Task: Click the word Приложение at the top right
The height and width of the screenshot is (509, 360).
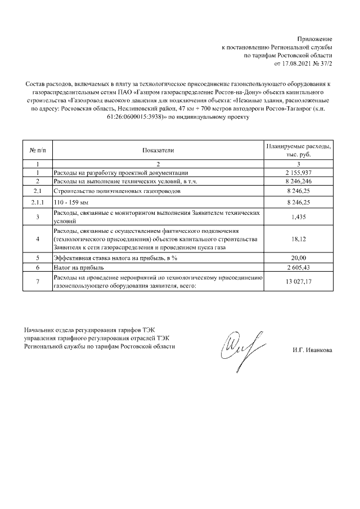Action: [316, 38]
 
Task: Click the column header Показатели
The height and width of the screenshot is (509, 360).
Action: [159, 150]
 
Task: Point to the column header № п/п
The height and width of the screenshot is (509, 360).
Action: [37, 150]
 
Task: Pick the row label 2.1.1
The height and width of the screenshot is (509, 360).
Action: [37, 201]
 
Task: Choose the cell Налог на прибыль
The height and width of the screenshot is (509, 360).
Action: [78, 267]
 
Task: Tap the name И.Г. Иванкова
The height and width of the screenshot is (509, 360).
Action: [312, 350]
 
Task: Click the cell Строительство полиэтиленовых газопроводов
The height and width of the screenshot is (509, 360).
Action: [117, 191]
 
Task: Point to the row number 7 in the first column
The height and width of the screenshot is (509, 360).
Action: [37, 281]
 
